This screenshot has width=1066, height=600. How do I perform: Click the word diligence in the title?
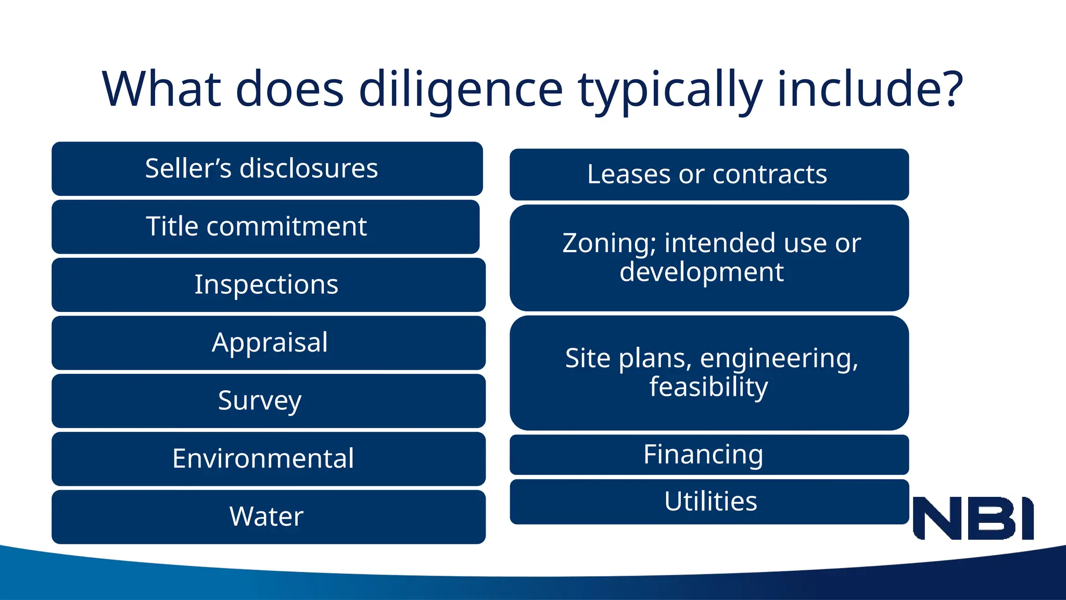pyautogui.click(x=461, y=90)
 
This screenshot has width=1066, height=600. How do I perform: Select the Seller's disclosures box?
pyautogui.click(x=267, y=169)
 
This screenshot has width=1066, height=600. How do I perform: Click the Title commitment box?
pyautogui.click(x=265, y=227)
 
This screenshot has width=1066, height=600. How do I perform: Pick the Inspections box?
pyautogui.click(x=269, y=285)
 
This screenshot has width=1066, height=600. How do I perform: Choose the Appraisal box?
pyautogui.click(x=269, y=343)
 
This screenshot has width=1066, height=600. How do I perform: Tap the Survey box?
pyautogui.click(x=269, y=401)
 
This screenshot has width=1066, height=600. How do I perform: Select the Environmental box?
pyautogui.click(x=269, y=459)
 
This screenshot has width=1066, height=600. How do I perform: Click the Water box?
pyautogui.click(x=269, y=517)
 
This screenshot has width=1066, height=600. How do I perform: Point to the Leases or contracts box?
pyautogui.click(x=709, y=174)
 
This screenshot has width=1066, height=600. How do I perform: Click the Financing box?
pyautogui.click(x=709, y=455)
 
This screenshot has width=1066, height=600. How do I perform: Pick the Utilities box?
pyautogui.click(x=709, y=502)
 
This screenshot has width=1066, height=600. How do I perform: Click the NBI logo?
pyautogui.click(x=973, y=518)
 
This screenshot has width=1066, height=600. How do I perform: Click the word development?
pyautogui.click(x=701, y=272)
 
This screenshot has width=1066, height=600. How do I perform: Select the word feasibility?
pyautogui.click(x=708, y=386)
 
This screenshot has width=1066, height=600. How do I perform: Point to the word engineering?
pyautogui.click(x=779, y=359)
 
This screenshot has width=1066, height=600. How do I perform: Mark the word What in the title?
pyautogui.click(x=161, y=90)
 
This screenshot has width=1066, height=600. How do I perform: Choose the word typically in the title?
pyautogui.click(x=670, y=90)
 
